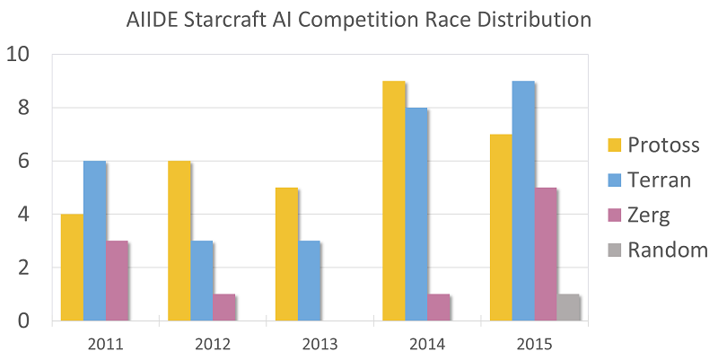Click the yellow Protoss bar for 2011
click(72, 268)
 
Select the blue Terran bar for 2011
click(94, 241)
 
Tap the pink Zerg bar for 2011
click(117, 280)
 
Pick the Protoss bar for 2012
click(179, 241)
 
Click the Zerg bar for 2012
click(223, 307)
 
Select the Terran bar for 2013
click(309, 280)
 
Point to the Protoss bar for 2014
click(393, 201)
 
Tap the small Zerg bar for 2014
click(438, 307)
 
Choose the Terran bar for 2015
click(522, 201)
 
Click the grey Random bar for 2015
click(567, 307)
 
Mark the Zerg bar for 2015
click(545, 254)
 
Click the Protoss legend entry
click(650, 145)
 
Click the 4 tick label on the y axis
click(24, 215)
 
